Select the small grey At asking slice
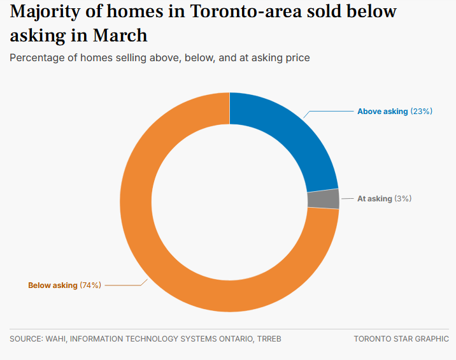323,199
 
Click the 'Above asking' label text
382,112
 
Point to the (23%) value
422,112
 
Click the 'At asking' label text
374,199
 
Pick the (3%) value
403,199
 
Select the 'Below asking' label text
53,285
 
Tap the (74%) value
90,285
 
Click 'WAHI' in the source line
55,339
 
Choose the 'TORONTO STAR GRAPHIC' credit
401,339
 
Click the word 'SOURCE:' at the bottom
25,339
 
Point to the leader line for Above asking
331,112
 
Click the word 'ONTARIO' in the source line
231,339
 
